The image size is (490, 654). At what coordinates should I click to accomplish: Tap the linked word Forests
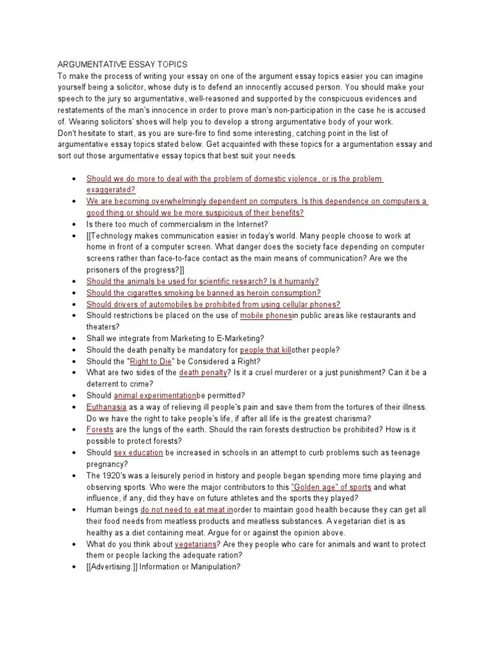tap(100, 430)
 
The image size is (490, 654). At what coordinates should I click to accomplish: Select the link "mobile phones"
tap(265, 316)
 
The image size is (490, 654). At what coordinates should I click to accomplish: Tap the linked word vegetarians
tap(195, 544)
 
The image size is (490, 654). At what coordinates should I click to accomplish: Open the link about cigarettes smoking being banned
tap(204, 293)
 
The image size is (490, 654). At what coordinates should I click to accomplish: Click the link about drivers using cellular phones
tap(213, 304)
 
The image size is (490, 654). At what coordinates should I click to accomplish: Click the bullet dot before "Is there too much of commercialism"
tap(75, 224)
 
